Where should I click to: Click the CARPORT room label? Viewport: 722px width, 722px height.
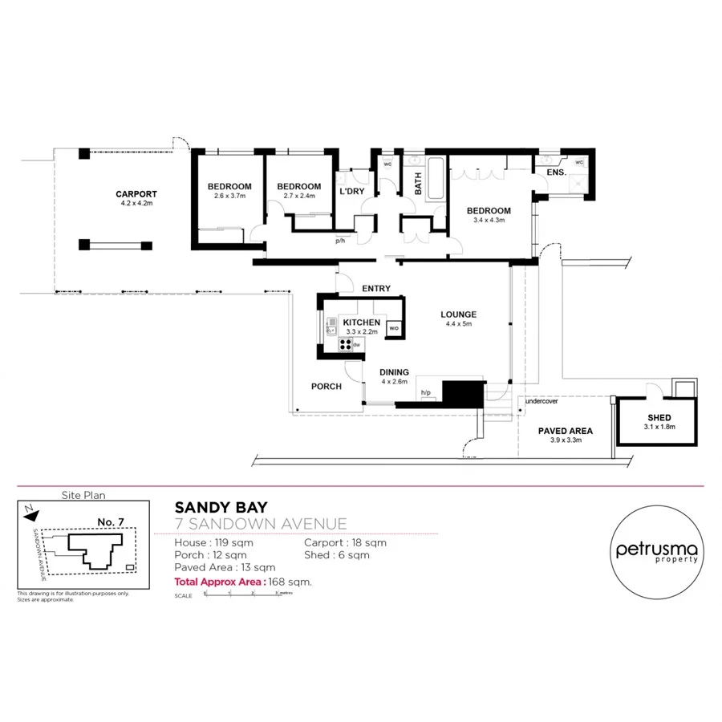point(136,194)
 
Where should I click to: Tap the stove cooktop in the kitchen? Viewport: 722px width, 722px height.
point(346,344)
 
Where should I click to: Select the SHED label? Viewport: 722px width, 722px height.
point(659,418)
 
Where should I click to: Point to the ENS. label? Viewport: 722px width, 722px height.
point(556,172)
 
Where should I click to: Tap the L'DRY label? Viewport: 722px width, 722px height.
point(351,193)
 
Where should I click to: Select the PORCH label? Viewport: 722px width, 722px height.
point(327,387)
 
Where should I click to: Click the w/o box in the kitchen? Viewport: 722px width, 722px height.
point(394,329)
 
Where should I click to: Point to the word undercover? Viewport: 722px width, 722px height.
point(541,401)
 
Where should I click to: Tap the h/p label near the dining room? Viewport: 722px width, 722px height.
point(426,392)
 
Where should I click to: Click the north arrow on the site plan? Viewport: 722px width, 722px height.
point(28,509)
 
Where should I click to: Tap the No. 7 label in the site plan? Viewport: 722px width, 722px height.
point(110,522)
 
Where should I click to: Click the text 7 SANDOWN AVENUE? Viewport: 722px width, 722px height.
point(261,525)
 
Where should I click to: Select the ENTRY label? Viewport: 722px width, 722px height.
point(376,289)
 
